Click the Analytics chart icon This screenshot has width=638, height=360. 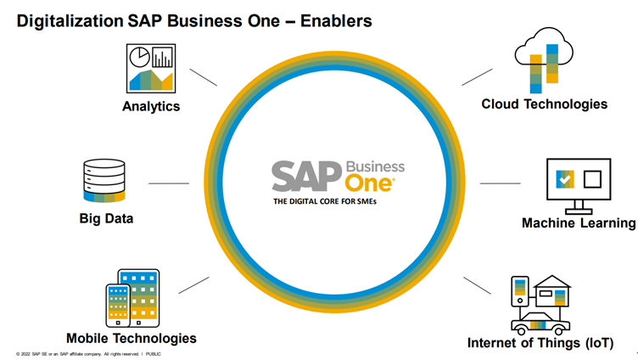[150, 69]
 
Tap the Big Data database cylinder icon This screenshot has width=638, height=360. [104, 181]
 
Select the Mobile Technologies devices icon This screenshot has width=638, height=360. [132, 299]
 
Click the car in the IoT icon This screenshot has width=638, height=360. [540, 322]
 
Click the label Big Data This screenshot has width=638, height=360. [106, 218]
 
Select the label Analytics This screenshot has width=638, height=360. [151, 106]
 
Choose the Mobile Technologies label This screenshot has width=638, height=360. [132, 338]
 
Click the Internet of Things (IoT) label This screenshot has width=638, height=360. [540, 343]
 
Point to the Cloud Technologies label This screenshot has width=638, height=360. [544, 104]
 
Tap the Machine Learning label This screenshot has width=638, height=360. [579, 222]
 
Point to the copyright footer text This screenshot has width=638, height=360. [88, 354]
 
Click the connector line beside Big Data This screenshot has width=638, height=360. [169, 183]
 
